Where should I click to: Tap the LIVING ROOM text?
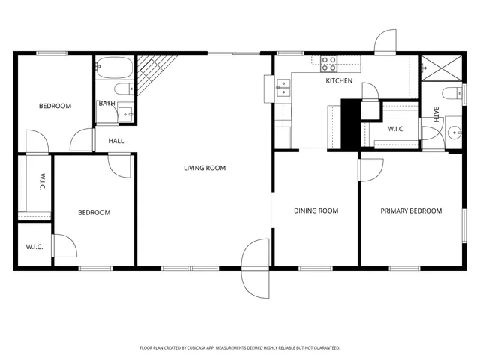pos(205,168)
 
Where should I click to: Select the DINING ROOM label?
pos(316,211)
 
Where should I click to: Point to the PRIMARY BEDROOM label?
pos(411,211)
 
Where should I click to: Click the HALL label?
pos(116,141)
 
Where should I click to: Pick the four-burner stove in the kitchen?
pos(329,62)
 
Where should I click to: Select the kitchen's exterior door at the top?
pos(385,42)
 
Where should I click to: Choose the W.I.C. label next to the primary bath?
pos(396,129)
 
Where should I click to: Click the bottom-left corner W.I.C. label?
pos(34,246)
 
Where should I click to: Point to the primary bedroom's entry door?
pos(369,170)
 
